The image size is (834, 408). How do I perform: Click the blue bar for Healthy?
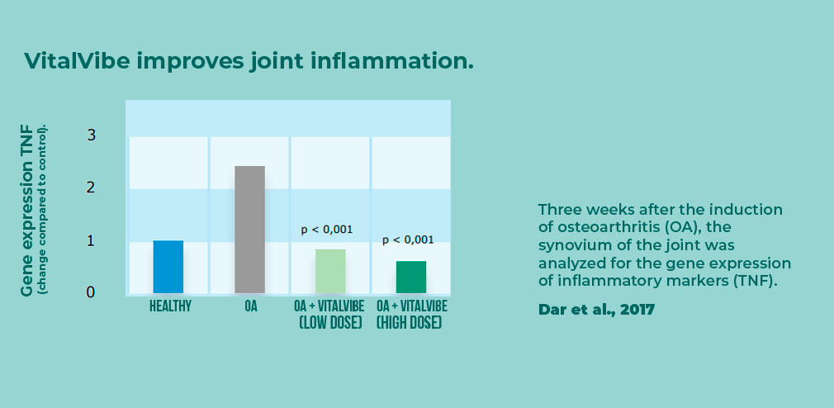[168, 267]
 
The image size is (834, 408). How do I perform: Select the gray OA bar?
[249, 230]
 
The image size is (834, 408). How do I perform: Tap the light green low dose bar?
[330, 271]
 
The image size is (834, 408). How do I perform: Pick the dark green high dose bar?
[411, 277]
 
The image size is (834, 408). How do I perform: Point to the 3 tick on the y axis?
[92, 135]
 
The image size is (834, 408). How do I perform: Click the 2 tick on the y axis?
[92, 187]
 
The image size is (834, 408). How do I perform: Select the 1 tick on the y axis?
[92, 240]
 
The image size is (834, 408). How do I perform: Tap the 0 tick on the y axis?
[92, 292]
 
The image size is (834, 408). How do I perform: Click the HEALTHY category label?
[170, 306]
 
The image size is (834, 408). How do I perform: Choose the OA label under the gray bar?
[250, 306]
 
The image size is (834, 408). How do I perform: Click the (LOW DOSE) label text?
[330, 323]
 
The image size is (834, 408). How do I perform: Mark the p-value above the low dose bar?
[327, 230]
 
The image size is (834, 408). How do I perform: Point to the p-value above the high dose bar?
[408, 240]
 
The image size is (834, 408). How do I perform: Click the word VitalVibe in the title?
[77, 60]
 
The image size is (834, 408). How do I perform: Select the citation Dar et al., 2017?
[596, 310]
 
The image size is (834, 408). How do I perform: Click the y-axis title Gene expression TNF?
[26, 211]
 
